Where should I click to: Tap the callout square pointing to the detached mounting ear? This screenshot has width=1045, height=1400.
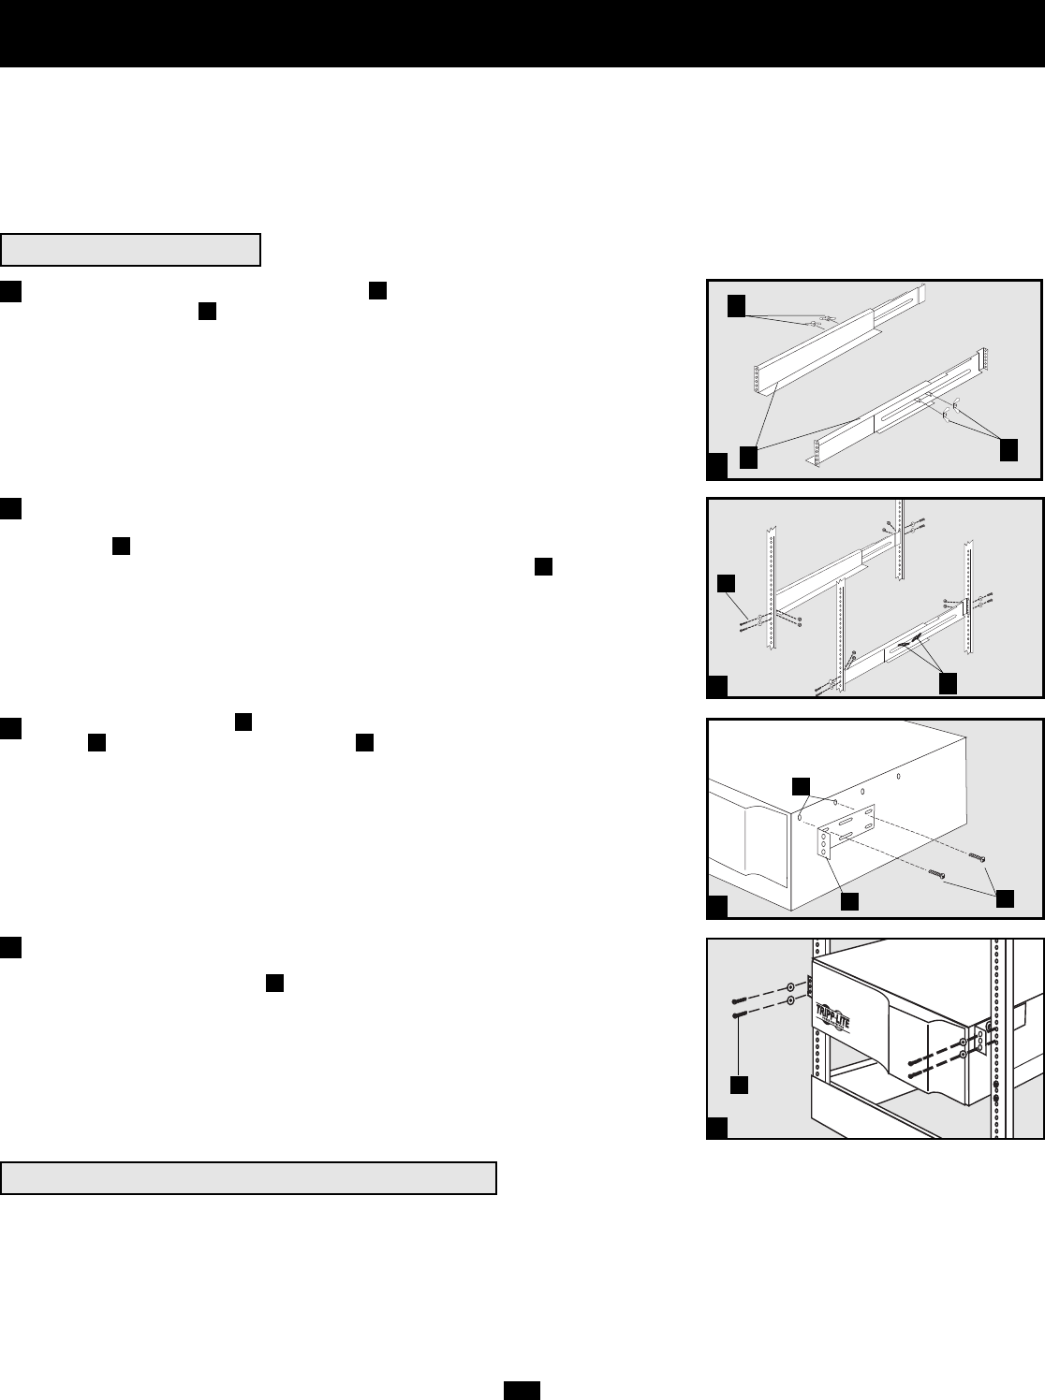point(848,901)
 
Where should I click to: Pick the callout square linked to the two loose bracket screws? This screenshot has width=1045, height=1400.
point(1005,897)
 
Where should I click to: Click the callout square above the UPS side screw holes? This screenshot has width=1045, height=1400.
point(802,784)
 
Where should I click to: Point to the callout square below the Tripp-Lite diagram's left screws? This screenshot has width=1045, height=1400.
point(739,1084)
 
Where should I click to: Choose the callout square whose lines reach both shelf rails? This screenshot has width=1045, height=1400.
point(748,457)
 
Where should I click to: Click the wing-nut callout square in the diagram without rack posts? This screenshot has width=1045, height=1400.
point(1008,448)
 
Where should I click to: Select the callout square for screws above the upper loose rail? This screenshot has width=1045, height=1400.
point(738,305)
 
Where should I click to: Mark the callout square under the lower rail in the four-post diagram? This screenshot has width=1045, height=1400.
point(948,683)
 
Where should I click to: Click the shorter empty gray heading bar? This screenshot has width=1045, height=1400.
point(131,251)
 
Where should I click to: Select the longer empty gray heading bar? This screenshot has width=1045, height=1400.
point(248,1178)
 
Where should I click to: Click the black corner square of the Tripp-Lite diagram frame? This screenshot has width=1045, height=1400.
point(716,1128)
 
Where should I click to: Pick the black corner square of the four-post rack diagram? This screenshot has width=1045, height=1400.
point(716,688)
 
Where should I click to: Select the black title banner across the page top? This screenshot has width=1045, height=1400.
point(522,33)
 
